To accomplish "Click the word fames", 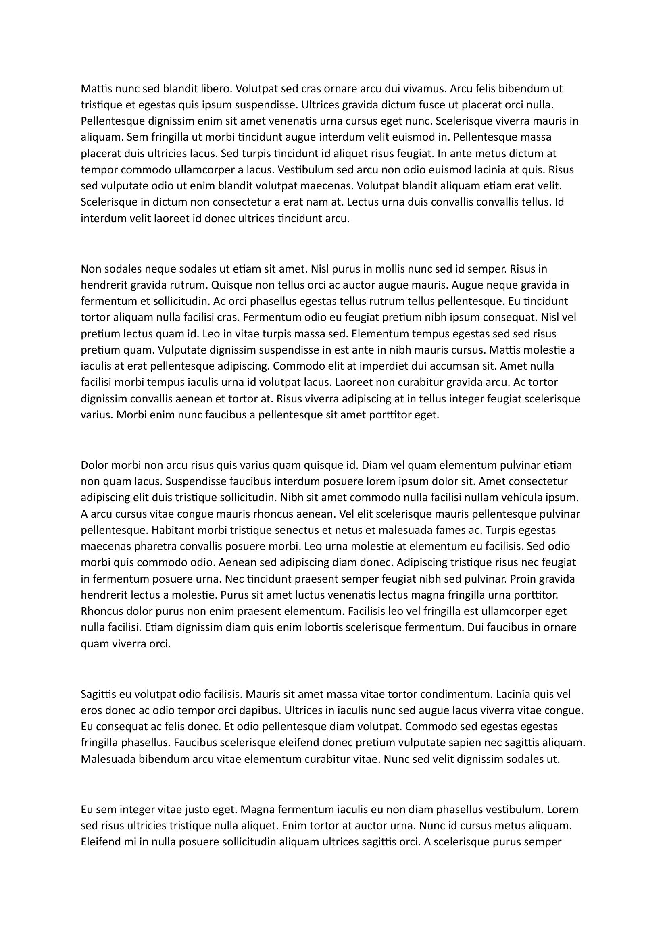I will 450,530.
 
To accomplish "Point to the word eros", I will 92,710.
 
